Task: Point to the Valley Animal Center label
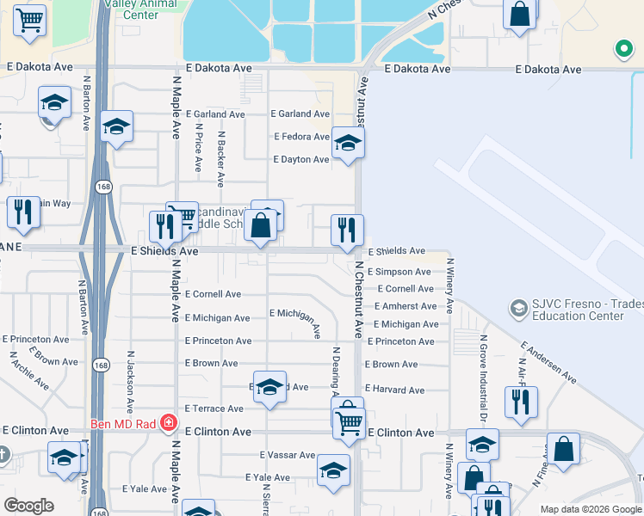point(140,9)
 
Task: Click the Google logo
point(28,506)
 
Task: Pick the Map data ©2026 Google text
point(590,509)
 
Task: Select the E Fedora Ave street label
point(301,137)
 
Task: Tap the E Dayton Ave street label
point(301,159)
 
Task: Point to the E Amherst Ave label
point(406,306)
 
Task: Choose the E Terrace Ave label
point(214,408)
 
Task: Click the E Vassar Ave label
point(288,455)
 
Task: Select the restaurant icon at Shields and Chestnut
point(348,230)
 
